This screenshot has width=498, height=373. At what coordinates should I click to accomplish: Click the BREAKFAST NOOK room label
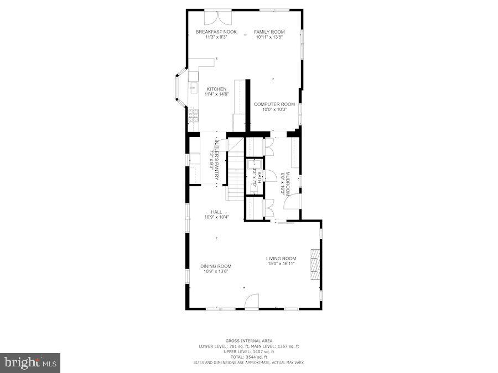[216, 32]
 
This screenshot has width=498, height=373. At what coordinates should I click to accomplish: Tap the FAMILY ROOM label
[269, 32]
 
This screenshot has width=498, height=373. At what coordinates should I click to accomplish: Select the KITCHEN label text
[216, 89]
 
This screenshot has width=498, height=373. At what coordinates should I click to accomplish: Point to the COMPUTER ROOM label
[274, 104]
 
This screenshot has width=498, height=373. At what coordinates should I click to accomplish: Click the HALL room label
[216, 212]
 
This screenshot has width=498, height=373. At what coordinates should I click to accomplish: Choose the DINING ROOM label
[216, 266]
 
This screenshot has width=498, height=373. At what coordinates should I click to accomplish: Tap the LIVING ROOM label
[281, 259]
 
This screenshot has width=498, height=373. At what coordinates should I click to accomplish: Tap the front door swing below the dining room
[252, 302]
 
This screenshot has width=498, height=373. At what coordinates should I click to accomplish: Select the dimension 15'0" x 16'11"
[281, 264]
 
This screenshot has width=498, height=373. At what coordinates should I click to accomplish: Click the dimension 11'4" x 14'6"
[216, 94]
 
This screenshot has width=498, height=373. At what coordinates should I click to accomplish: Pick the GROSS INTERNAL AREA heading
[248, 340]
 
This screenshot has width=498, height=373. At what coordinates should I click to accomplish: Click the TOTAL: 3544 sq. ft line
[248, 356]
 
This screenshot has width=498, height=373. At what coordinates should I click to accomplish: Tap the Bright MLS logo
[30, 363]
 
